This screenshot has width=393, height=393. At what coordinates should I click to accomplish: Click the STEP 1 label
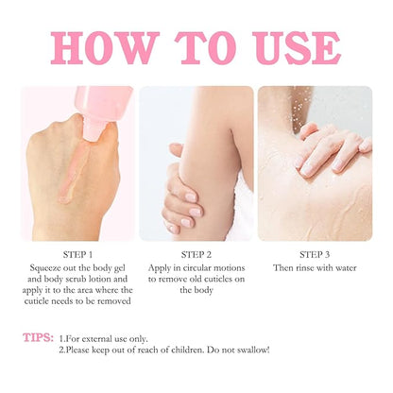(77, 254)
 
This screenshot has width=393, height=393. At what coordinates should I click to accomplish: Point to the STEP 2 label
(196, 254)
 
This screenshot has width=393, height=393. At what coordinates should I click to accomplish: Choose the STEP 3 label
(315, 254)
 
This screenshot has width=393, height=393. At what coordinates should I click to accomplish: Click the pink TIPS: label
(38, 337)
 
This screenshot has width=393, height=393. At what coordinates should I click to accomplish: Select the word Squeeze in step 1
(44, 268)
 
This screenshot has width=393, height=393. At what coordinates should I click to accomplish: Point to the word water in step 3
(346, 268)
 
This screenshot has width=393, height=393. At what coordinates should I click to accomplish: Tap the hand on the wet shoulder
(333, 149)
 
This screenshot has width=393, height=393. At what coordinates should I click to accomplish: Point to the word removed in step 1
(114, 301)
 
